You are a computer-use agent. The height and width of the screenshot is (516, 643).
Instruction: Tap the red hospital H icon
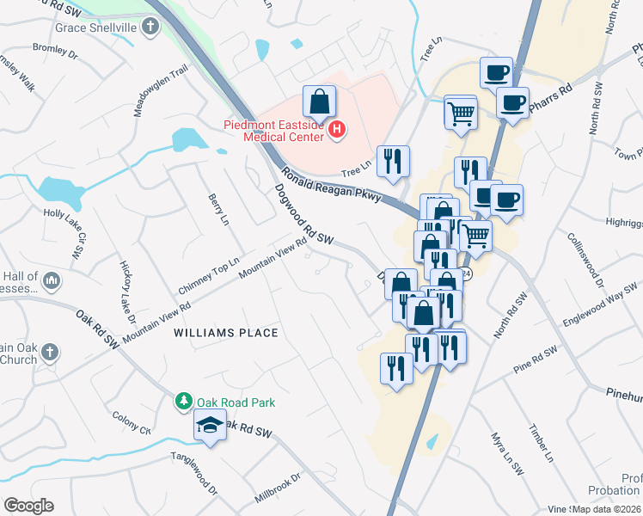[338, 130]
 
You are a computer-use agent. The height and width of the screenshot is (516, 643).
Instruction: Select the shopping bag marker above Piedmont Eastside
[319, 102]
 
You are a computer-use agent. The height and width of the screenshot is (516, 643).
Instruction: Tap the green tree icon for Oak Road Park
[183, 401]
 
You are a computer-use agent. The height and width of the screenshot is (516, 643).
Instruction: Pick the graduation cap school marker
[210, 426]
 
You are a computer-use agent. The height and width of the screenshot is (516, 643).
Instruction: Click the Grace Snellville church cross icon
[150, 27]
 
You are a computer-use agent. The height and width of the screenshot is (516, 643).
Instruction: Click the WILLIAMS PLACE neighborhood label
[226, 332]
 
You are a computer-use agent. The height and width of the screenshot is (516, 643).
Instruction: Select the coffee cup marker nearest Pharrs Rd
[513, 103]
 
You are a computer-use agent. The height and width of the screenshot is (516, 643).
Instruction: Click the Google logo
[28, 506]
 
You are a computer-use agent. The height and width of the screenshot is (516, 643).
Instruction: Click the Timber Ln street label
[539, 439]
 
